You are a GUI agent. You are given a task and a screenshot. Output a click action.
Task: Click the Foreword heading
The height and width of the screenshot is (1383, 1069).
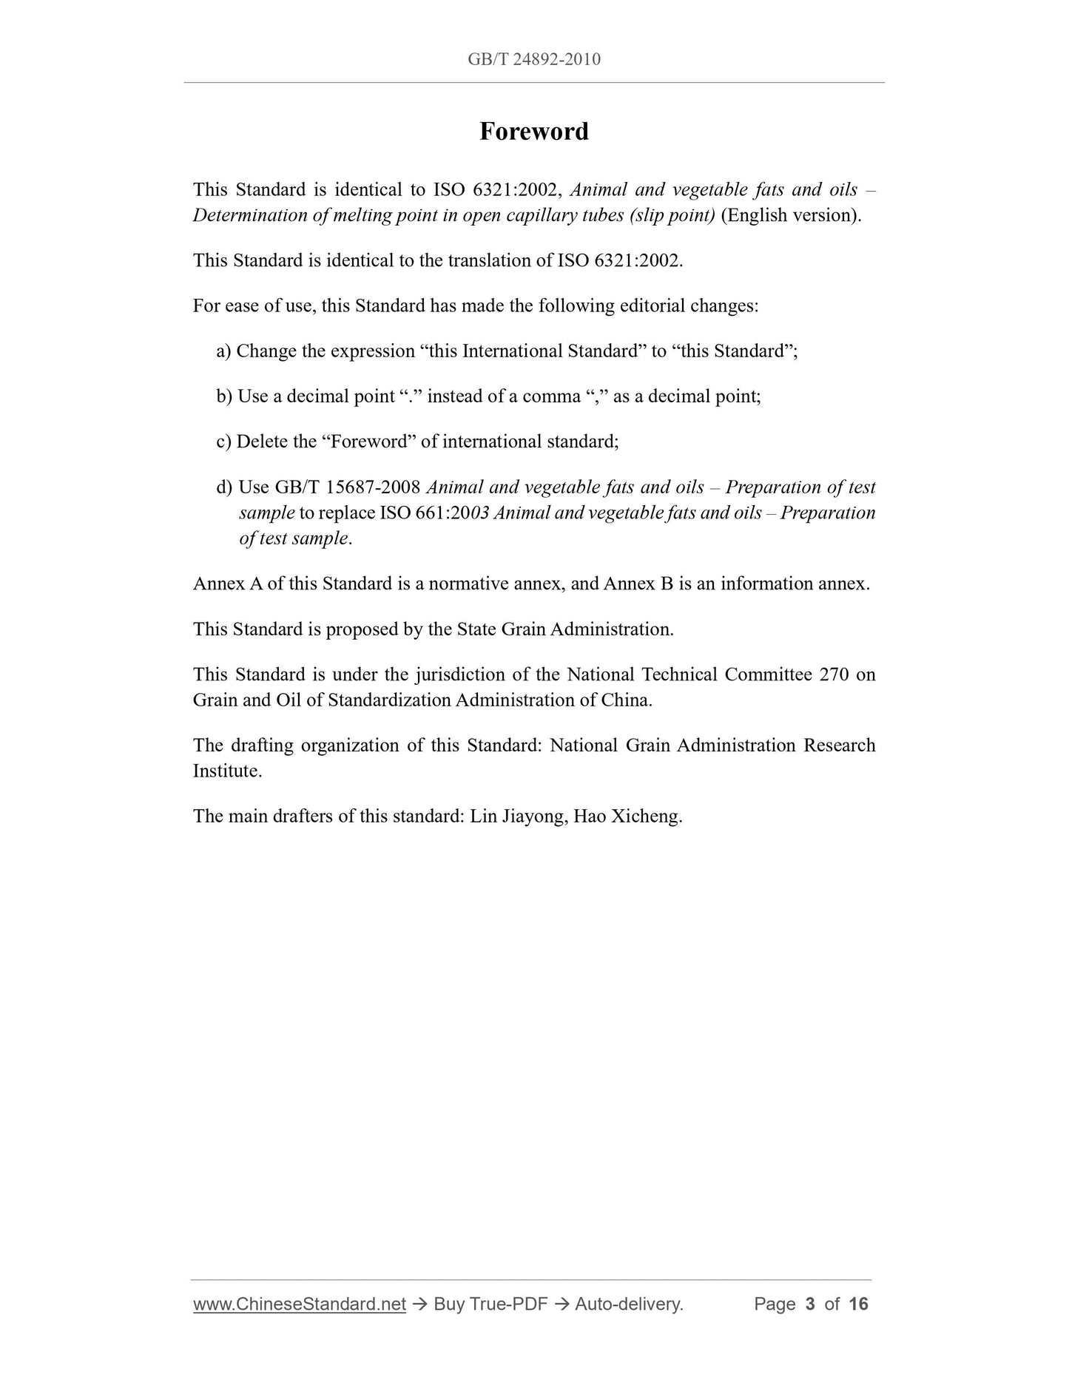coord(533,132)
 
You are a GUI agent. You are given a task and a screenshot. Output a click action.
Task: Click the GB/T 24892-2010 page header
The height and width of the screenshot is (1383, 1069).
coord(533,59)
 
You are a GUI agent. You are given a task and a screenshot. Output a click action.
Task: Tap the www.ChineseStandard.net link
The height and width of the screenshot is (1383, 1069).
coord(299,1304)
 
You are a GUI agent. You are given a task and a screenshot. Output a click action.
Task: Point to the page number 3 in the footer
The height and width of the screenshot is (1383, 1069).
coord(810,1304)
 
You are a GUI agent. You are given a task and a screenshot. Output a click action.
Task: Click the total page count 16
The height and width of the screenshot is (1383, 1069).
coord(858,1304)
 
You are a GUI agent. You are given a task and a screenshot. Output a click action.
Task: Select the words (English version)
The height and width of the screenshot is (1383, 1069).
coord(791,215)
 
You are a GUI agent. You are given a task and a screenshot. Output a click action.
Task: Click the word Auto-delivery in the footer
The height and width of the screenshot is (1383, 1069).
coord(629,1304)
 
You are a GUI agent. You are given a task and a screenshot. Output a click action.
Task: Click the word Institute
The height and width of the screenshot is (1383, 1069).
coord(227,771)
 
